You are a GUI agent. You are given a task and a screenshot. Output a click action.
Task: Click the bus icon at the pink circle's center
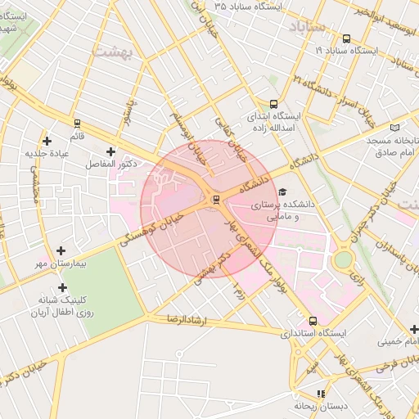216,199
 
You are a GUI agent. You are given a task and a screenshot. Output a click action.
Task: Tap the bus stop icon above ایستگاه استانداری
313,321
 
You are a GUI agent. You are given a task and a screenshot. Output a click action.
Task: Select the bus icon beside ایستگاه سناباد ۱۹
347,38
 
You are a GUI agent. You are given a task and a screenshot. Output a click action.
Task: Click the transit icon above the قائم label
77,123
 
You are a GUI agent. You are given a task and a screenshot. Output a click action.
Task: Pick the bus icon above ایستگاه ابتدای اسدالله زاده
273,104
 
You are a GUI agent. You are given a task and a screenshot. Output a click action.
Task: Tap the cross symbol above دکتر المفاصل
110,151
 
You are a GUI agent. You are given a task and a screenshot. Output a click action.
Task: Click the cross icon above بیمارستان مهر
61,251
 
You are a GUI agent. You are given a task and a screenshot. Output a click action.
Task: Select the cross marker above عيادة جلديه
47,141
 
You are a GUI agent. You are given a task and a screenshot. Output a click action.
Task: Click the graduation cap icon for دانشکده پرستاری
283,191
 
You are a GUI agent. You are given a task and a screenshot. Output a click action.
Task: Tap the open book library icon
395,128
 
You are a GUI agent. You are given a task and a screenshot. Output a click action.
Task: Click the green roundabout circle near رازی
344,259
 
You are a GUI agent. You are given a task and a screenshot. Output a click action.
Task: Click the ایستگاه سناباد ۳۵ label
248,6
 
